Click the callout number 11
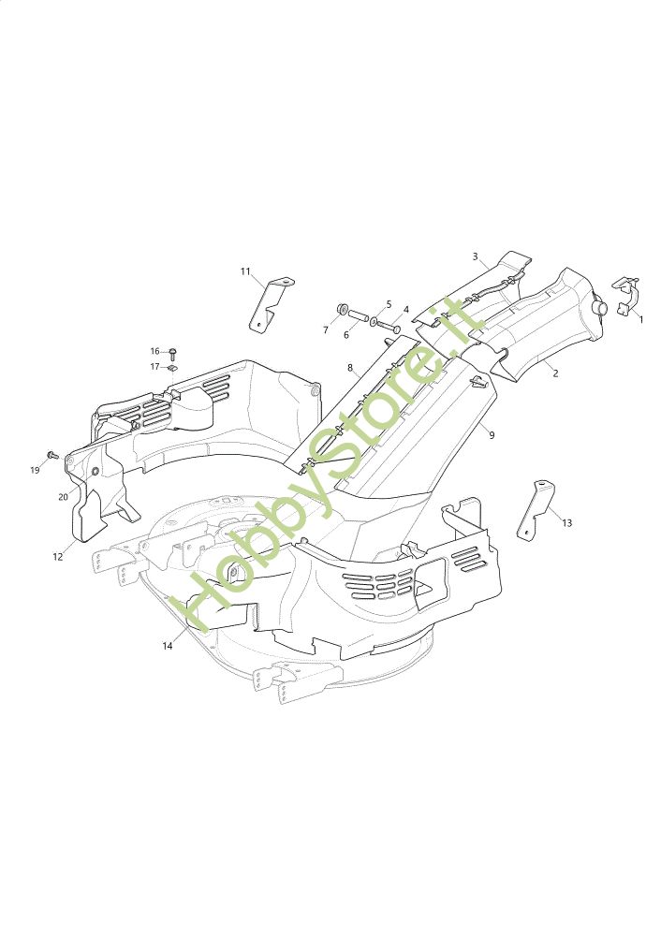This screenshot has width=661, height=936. (x=245, y=272)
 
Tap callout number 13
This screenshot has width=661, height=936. (x=566, y=523)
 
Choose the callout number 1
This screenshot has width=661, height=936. (x=640, y=319)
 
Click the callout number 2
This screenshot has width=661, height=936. (x=555, y=373)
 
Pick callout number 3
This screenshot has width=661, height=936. (x=475, y=256)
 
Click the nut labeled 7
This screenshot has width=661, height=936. (x=343, y=309)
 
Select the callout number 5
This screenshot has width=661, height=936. (x=388, y=304)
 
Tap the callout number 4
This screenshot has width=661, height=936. (x=405, y=309)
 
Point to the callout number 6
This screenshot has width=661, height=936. (x=345, y=335)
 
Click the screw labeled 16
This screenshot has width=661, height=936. (x=173, y=353)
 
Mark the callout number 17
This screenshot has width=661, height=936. (x=155, y=366)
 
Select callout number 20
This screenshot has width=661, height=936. (x=63, y=496)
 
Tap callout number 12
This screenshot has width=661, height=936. (x=58, y=556)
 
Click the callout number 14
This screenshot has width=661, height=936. (x=168, y=646)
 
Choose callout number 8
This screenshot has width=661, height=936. (x=350, y=368)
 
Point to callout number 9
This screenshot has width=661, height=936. (x=492, y=435)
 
